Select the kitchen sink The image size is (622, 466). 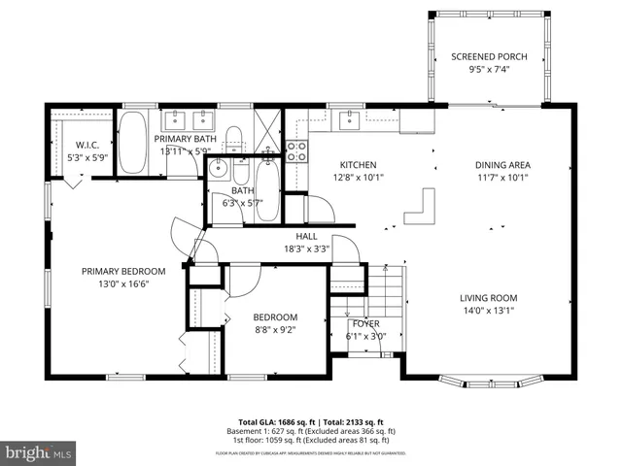tap(347, 120)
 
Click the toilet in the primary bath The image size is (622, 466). tap(234, 137)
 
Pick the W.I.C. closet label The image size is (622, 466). tap(70, 145)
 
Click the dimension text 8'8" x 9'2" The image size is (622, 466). tap(275, 329)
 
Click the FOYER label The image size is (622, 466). tap(365, 323)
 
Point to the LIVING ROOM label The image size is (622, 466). tap(489, 298)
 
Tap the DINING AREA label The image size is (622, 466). tap(502, 165)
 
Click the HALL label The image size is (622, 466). tap(306, 235)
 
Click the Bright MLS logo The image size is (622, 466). tap(39, 452)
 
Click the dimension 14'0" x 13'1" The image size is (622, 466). tap(489, 311)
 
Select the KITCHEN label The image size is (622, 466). tap(357, 165)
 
